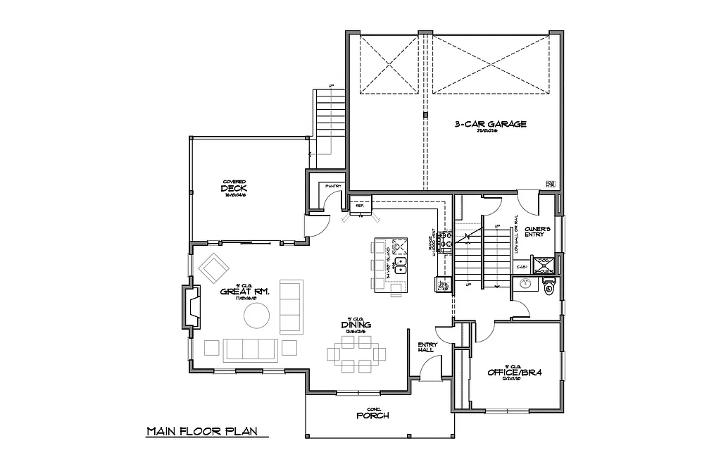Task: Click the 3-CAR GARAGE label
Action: (x=490, y=124)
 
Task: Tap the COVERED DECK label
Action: (x=236, y=188)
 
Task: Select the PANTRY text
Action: (x=333, y=186)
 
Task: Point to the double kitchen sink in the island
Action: (x=399, y=266)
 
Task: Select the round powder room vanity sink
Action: (x=524, y=285)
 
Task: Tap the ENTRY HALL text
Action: (x=427, y=347)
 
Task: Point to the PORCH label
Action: (x=372, y=415)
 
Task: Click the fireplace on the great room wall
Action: (x=192, y=306)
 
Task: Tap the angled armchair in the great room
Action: (x=214, y=268)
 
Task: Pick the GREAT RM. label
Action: (x=242, y=291)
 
